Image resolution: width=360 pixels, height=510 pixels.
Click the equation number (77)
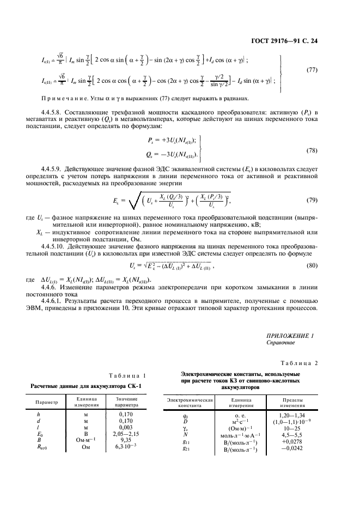(x=314, y=70)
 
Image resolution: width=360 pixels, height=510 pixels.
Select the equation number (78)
(x=314, y=149)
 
